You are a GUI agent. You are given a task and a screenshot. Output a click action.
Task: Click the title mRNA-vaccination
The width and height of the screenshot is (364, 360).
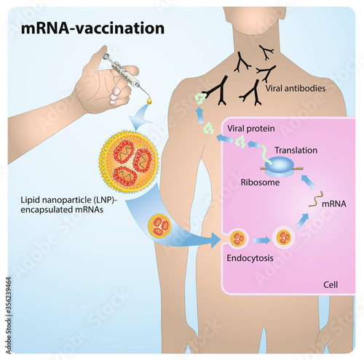[x=92, y=28]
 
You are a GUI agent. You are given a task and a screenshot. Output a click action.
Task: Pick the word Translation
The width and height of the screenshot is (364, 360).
[x=296, y=151]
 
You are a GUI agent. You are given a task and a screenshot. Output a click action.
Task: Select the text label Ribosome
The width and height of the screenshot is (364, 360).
[x=260, y=184]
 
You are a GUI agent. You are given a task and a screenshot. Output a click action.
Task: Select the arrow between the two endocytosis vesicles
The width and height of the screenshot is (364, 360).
[x=261, y=239]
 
